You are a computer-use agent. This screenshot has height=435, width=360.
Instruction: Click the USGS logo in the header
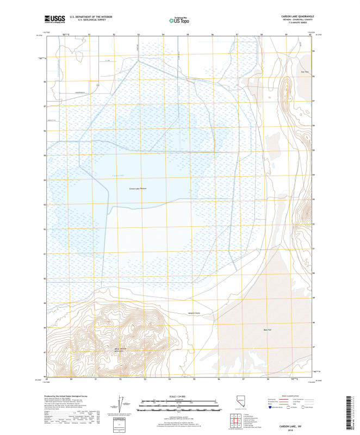(x=55, y=19)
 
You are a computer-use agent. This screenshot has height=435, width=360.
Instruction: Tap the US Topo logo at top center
(x=179, y=21)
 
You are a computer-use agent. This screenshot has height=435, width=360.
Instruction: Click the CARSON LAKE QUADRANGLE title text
(x=297, y=17)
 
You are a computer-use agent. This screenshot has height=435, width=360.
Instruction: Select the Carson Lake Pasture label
(x=138, y=189)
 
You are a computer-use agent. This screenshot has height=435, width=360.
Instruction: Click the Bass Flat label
(x=266, y=330)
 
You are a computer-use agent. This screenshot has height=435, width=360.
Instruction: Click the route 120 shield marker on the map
(x=98, y=85)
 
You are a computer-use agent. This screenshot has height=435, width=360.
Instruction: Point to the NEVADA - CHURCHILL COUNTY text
(x=297, y=21)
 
